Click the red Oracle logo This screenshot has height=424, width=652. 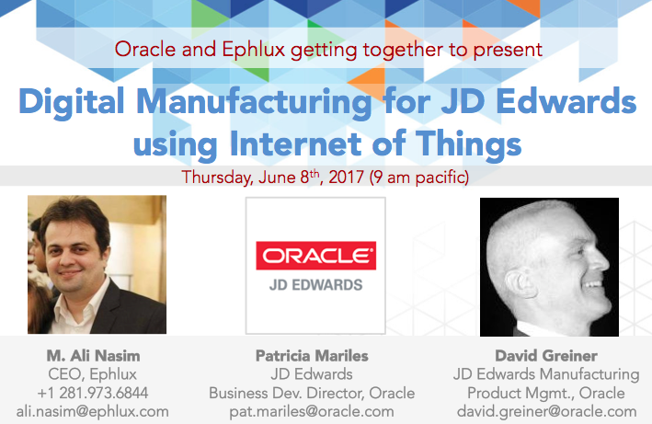[316, 256]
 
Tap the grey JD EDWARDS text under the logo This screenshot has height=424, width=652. [316, 285]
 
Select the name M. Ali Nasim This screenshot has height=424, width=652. [93, 356]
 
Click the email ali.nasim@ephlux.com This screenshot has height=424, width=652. [93, 411]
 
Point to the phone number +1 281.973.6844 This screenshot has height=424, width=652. [93, 393]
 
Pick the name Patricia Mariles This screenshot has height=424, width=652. [312, 356]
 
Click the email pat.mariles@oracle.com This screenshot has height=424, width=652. [312, 411]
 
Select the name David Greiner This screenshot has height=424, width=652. [546, 356]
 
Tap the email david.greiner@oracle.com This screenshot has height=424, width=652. [547, 411]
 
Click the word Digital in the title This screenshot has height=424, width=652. [72, 102]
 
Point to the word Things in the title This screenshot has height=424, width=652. [469, 144]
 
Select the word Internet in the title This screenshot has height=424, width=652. [296, 143]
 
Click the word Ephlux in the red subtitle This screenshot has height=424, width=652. [254, 50]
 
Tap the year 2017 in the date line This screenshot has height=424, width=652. [347, 178]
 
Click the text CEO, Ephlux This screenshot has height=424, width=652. [92, 374]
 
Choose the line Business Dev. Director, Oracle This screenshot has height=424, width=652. [312, 394]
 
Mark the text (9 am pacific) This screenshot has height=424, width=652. [419, 178]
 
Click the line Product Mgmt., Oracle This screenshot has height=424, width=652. [546, 394]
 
